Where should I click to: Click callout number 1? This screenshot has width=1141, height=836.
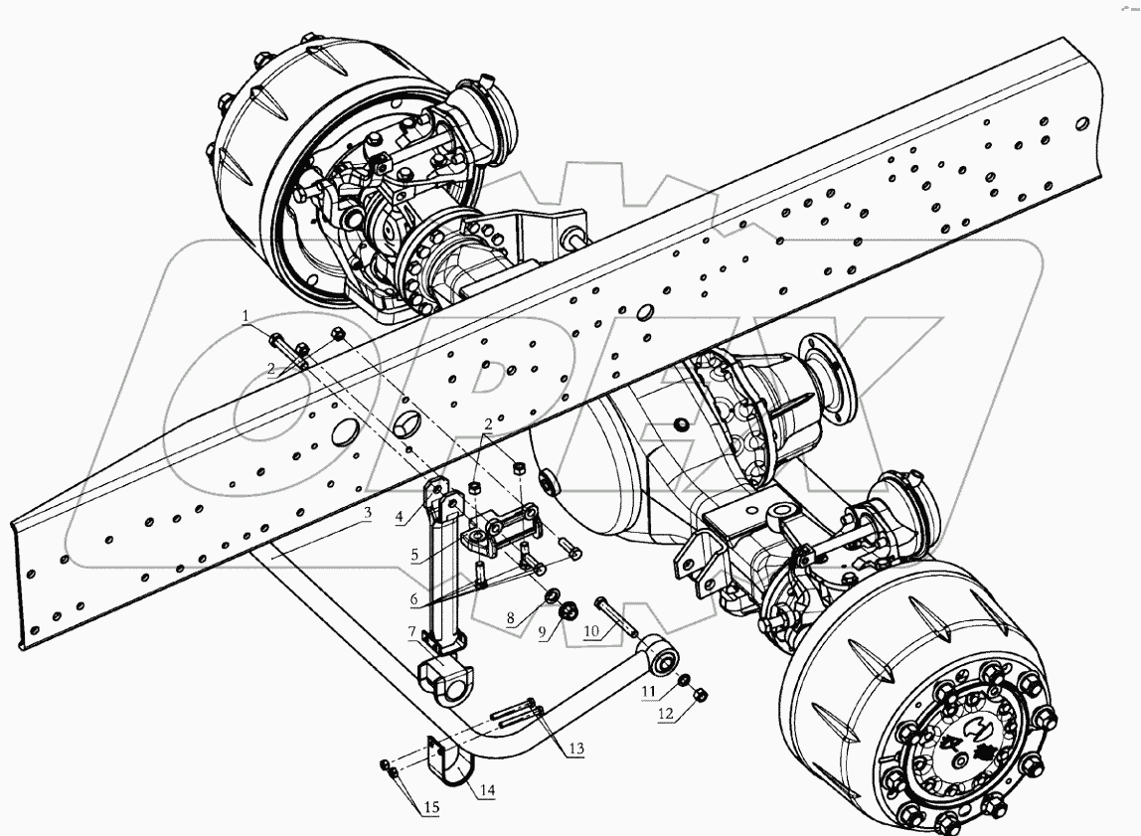[244, 316]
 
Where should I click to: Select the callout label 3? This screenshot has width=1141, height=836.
[367, 513]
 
